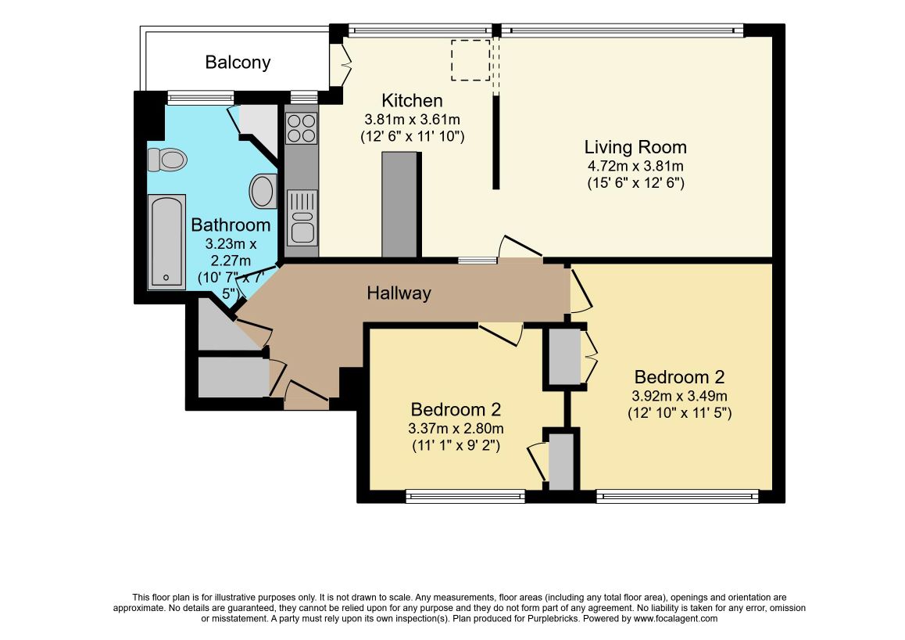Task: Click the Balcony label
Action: pyautogui.click(x=238, y=63)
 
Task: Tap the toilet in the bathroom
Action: pyautogui.click(x=167, y=160)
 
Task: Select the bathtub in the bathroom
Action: pyautogui.click(x=166, y=242)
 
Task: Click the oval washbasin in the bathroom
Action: pyautogui.click(x=263, y=191)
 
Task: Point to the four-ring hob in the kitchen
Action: pyautogui.click(x=302, y=128)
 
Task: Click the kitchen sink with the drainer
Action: pyautogui.click(x=302, y=218)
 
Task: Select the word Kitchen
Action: pyautogui.click(x=413, y=100)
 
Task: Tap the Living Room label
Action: pyautogui.click(x=635, y=147)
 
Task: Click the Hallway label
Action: pyautogui.click(x=399, y=293)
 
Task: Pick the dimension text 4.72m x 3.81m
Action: pyautogui.click(x=635, y=167)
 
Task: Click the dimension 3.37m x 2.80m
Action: pyautogui.click(x=456, y=429)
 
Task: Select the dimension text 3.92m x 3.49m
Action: pyautogui.click(x=679, y=396)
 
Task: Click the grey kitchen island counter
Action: pyautogui.click(x=399, y=204)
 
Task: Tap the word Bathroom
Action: pyautogui.click(x=231, y=225)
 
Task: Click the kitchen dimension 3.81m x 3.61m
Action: pyautogui.click(x=412, y=120)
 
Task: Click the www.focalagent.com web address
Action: pyautogui.click(x=676, y=619)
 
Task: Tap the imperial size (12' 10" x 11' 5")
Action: pyautogui.click(x=679, y=414)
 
